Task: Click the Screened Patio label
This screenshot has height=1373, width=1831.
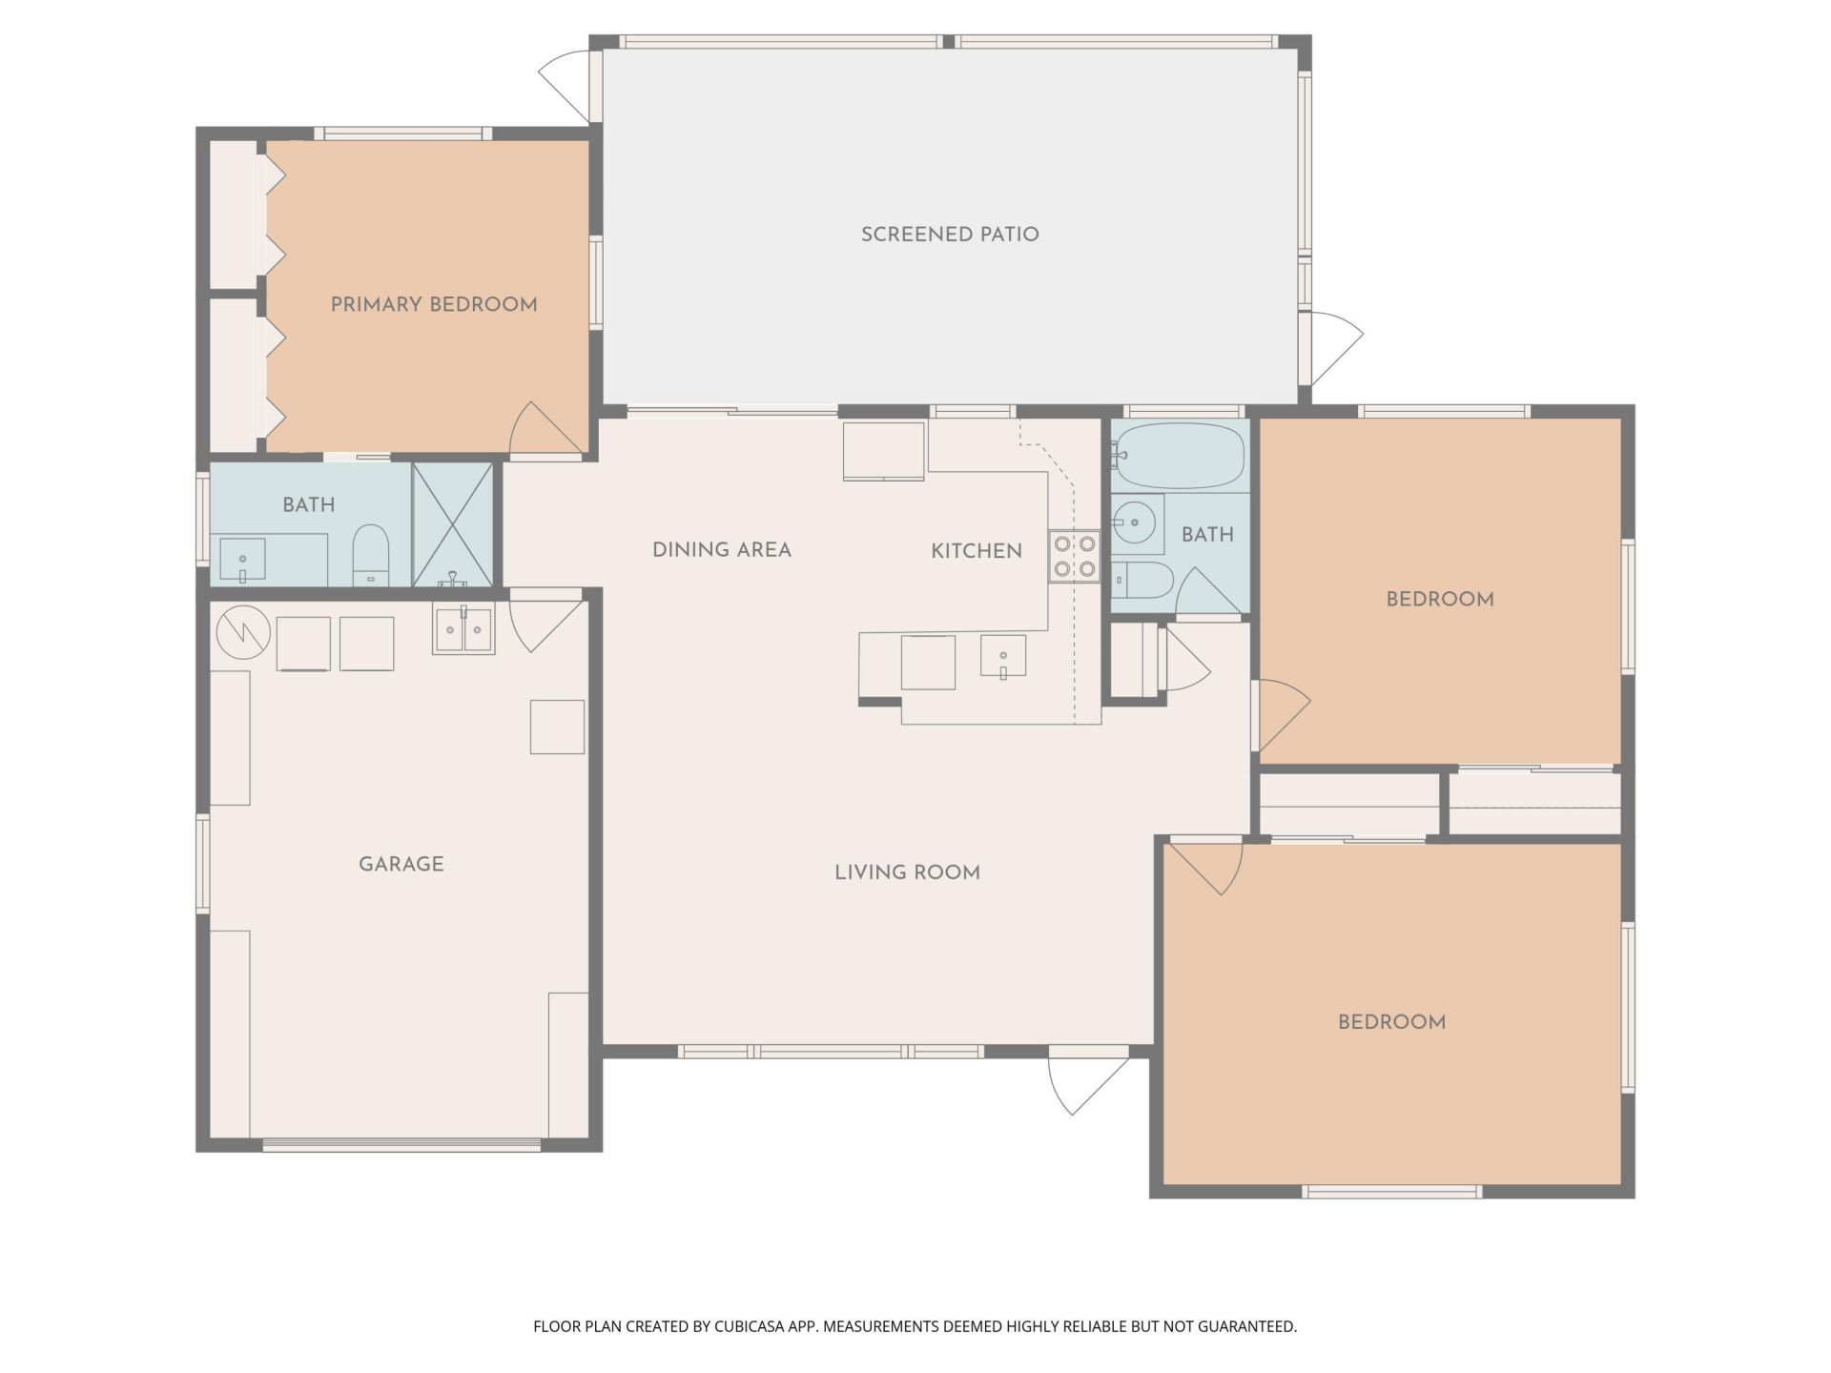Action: coord(950,235)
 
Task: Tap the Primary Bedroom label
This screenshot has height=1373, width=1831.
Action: coord(434,305)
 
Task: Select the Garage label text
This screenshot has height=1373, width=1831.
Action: coord(401,864)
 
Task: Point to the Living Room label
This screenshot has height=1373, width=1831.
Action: coord(907,872)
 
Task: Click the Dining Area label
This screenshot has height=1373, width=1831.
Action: coord(721,550)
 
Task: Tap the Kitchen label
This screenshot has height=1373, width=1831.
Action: coord(976,551)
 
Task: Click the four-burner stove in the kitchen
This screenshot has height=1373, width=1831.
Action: coord(1074,557)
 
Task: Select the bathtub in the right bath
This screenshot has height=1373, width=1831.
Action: coord(1181,456)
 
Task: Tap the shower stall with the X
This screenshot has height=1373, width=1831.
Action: coord(452,524)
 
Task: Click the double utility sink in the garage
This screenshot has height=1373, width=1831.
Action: coord(463,630)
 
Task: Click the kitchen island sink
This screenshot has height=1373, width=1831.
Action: coord(1003,656)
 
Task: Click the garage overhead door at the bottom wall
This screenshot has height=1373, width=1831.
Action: coord(401,1145)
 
